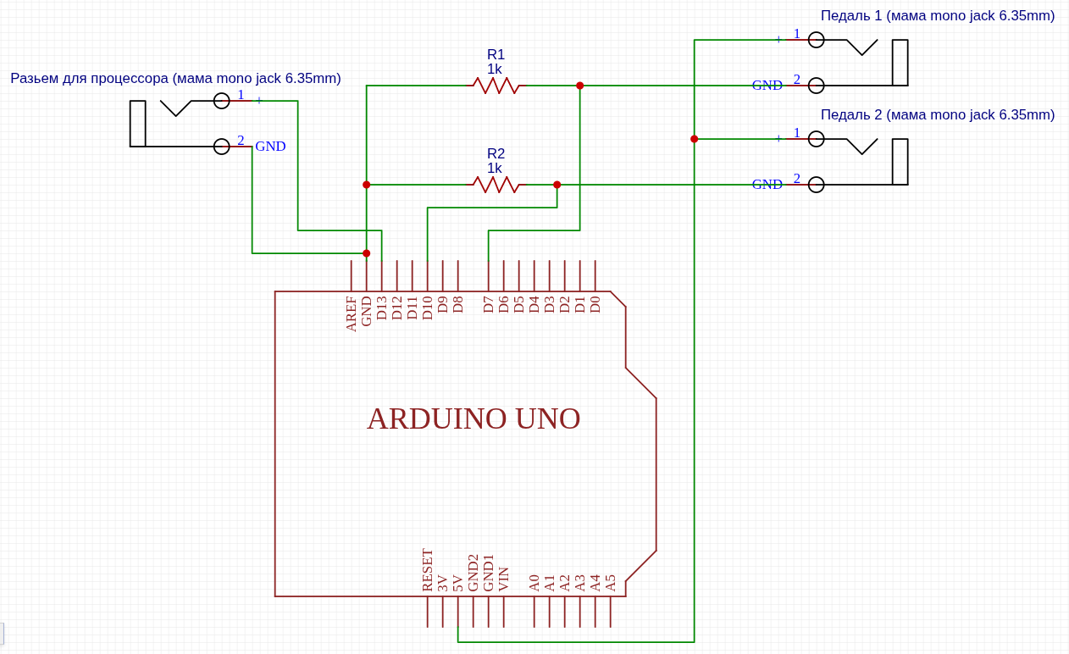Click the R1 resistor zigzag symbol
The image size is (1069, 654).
(x=496, y=86)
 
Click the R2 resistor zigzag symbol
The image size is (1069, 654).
(x=496, y=185)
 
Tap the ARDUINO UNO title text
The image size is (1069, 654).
(x=474, y=418)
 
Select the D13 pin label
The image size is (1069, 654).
(x=382, y=308)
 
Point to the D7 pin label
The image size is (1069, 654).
(x=489, y=305)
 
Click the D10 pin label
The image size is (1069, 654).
(x=428, y=308)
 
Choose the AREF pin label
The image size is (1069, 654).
(x=352, y=313)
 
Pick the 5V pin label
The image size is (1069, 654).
(x=458, y=583)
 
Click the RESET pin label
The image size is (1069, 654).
(x=428, y=569)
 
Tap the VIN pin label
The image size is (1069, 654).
(x=504, y=579)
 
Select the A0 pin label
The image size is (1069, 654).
(x=534, y=583)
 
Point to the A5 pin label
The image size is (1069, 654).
(x=611, y=583)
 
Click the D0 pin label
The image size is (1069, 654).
(x=595, y=305)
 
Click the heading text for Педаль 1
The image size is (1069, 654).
(x=937, y=15)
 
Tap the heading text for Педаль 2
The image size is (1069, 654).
(x=937, y=114)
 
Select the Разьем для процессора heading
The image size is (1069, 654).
(x=175, y=78)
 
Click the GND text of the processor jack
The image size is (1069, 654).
(x=270, y=147)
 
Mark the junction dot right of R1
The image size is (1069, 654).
(x=580, y=86)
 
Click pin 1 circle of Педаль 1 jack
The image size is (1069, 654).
(x=816, y=40)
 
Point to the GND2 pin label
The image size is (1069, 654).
(x=474, y=573)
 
